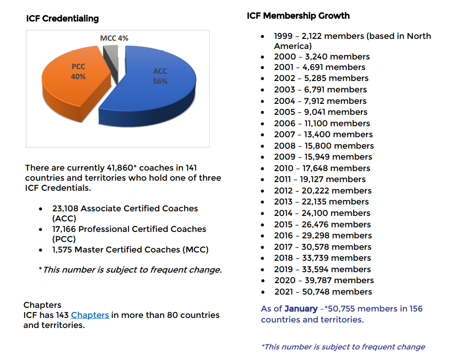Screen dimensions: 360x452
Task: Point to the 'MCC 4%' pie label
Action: (114, 38)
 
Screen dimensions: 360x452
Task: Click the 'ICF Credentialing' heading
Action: (62, 19)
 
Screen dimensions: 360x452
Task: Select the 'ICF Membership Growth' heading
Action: (298, 16)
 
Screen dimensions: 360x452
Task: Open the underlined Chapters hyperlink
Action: (90, 315)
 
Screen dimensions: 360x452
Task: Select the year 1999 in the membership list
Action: (284, 36)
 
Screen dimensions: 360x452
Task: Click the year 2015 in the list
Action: (284, 225)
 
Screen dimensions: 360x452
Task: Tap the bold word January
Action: (301, 309)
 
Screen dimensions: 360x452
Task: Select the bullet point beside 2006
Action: (263, 124)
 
